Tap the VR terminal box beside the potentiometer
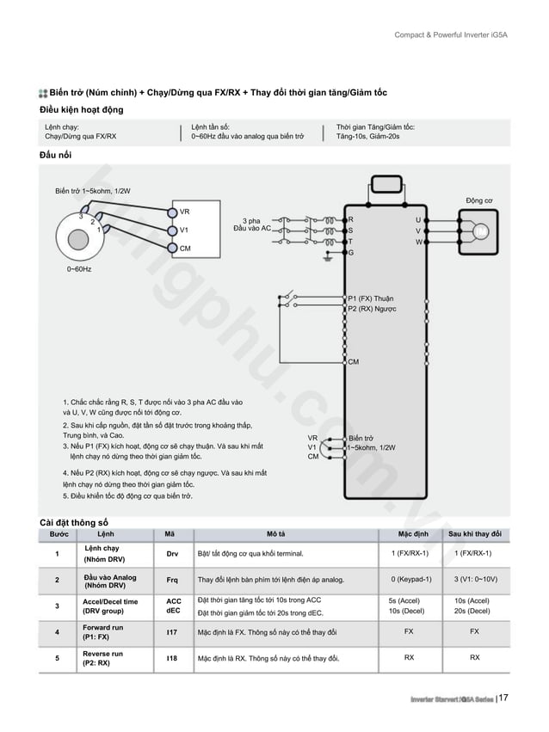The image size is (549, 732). pyautogui.click(x=184, y=212)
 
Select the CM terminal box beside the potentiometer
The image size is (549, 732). pyautogui.click(x=184, y=248)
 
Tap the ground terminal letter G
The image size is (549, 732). pyautogui.click(x=351, y=253)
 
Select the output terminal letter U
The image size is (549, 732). pyautogui.click(x=418, y=219)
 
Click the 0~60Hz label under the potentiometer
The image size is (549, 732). pyautogui.click(x=79, y=269)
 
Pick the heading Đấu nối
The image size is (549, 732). pyautogui.click(x=56, y=153)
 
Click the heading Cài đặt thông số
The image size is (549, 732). pyautogui.click(x=74, y=521)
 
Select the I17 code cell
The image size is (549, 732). pyautogui.click(x=172, y=632)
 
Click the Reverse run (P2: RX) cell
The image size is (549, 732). pyautogui.click(x=102, y=659)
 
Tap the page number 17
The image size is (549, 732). pyautogui.click(x=503, y=698)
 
